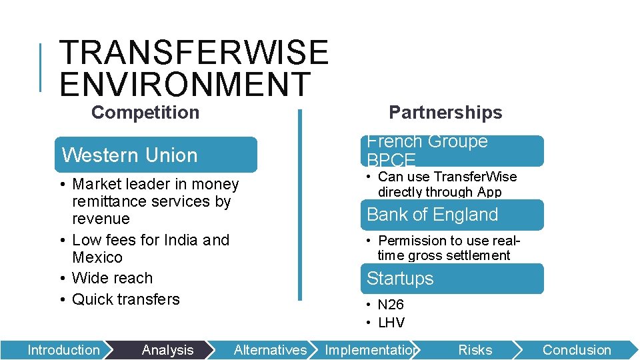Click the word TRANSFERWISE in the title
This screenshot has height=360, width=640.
click(194, 53)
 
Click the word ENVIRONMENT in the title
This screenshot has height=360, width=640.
click(185, 84)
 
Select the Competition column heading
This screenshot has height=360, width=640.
click(145, 113)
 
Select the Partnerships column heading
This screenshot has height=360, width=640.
click(445, 113)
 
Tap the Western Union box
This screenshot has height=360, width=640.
click(157, 155)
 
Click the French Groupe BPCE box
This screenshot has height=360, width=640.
click(453, 151)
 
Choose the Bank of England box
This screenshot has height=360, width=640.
click(453, 215)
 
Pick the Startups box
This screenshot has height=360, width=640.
click(453, 279)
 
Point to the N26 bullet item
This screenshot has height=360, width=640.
click(391, 305)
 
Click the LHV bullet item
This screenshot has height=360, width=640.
click(391, 323)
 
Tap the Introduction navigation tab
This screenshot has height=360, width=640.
click(63, 350)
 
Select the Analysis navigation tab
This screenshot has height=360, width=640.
click(167, 350)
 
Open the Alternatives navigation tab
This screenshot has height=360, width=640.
click(270, 350)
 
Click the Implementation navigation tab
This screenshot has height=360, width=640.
click(371, 350)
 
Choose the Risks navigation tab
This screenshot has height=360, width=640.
click(475, 350)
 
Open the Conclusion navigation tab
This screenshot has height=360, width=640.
click(577, 350)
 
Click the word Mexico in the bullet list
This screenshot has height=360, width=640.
click(97, 257)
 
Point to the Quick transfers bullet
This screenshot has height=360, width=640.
click(125, 299)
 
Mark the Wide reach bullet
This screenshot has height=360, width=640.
click(112, 278)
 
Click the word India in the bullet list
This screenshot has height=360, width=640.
click(179, 240)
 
